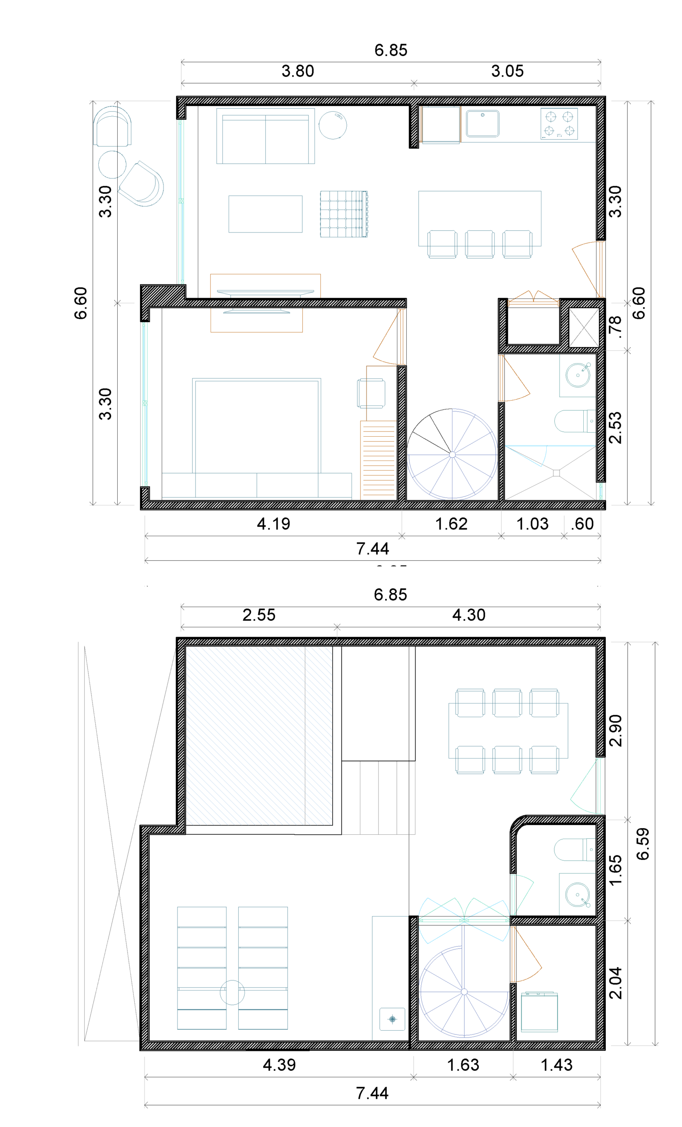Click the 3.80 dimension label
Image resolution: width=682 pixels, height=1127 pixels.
(297, 71)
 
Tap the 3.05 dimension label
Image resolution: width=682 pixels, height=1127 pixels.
(507, 71)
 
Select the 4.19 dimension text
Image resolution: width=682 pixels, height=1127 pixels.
(273, 524)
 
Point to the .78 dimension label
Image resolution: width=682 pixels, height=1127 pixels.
(616, 327)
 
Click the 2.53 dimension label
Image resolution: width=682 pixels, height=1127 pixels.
(616, 427)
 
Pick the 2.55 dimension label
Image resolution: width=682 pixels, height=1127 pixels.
(259, 615)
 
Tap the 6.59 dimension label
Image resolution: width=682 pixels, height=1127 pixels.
(643, 844)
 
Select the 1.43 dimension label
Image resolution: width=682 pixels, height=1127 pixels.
(556, 1065)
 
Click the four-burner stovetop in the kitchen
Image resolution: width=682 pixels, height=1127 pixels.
(559, 124)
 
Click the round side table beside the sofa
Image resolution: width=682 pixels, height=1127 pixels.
(333, 125)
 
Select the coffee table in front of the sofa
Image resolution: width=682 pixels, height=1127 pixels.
(266, 214)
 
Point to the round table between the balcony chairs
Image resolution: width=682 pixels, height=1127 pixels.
(112, 164)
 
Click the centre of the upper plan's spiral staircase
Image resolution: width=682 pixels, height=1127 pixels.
(452, 455)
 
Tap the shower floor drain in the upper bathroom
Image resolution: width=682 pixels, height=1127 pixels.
(556, 473)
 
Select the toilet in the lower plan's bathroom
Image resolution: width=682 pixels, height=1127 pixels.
(575, 850)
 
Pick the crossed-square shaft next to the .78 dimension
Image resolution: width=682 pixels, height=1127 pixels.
(584, 327)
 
